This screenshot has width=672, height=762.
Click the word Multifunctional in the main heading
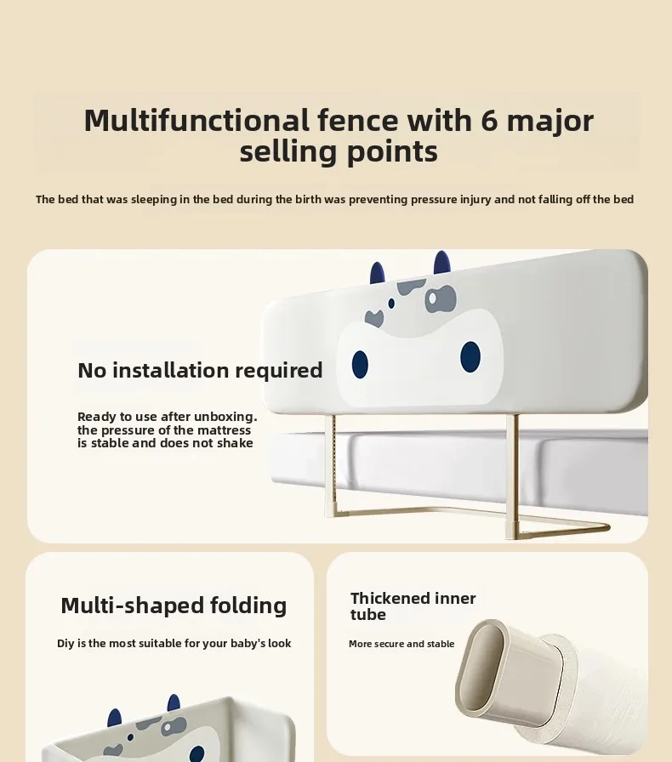(x=197, y=121)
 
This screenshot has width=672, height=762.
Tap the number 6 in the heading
(x=489, y=121)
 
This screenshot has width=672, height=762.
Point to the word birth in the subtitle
(x=308, y=199)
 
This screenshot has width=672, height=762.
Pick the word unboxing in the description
(x=219, y=417)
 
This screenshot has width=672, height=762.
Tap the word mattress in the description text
(x=225, y=430)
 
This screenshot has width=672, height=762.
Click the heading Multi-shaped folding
(x=174, y=606)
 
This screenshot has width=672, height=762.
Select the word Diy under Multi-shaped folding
(x=65, y=644)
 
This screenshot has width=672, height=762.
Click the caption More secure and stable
(x=401, y=644)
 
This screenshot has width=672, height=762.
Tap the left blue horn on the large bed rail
(x=378, y=273)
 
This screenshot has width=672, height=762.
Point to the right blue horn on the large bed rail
(x=442, y=263)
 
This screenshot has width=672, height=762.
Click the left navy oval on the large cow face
(x=360, y=365)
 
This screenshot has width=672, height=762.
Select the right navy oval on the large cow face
(x=470, y=356)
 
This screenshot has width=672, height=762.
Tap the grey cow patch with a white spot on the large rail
(x=440, y=299)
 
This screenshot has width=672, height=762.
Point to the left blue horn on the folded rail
(x=114, y=718)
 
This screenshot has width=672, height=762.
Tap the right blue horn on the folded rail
(x=174, y=703)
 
